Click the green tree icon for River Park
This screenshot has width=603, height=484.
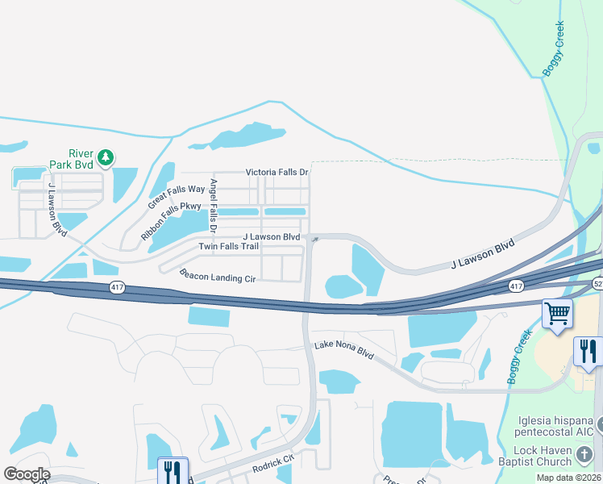pyautogui.click(x=105, y=156)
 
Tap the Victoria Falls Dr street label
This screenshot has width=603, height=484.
pyautogui.click(x=277, y=173)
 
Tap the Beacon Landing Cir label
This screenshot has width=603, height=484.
pyautogui.click(x=217, y=276)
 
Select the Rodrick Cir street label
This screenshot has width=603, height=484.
pyautogui.click(x=272, y=461)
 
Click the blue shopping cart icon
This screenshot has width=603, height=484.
pyautogui.click(x=557, y=313)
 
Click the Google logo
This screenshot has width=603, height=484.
pyautogui.click(x=27, y=474)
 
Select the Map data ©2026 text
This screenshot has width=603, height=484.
pyautogui.click(x=568, y=478)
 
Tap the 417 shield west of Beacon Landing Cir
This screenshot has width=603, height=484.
pyautogui.click(x=116, y=288)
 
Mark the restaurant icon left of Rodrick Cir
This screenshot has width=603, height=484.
pyautogui.click(x=173, y=471)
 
